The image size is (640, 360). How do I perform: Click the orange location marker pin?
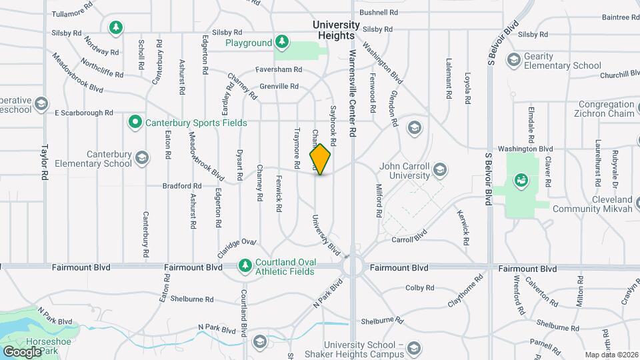[x=321, y=159]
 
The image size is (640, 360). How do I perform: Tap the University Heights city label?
[x=337, y=29]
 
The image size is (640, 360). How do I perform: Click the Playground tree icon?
[x=282, y=43]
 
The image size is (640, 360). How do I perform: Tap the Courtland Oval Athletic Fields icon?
[x=245, y=266]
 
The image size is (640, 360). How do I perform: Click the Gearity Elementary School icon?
[x=513, y=61]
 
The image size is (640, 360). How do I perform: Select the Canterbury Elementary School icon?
[x=141, y=158]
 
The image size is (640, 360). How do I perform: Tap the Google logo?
[x=22, y=351]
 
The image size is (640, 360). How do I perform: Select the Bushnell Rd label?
[x=379, y=12]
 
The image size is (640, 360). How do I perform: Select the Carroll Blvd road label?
[x=409, y=238]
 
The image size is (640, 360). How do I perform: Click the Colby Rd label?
[x=420, y=288]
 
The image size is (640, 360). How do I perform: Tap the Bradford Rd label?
[x=182, y=186]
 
